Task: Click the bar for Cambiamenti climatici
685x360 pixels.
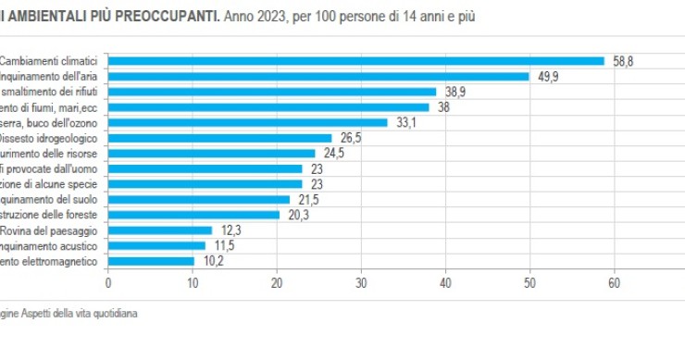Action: pos(356,61)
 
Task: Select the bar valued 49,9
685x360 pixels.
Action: pos(318,77)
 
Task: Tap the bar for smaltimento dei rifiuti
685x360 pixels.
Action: pos(272,92)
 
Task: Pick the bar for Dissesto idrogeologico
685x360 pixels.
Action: pos(219,138)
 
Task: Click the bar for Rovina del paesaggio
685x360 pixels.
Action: pos(160,230)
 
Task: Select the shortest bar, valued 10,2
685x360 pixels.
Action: pos(151,261)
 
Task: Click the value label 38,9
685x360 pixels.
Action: pos(455,92)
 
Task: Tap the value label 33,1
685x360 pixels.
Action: pos(406,122)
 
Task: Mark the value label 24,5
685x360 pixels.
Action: pos(334,153)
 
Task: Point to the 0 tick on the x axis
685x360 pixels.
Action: pos(108,284)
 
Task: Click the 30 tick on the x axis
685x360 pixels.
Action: pos(361,284)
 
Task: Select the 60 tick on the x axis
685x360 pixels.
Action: pos(613,284)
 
